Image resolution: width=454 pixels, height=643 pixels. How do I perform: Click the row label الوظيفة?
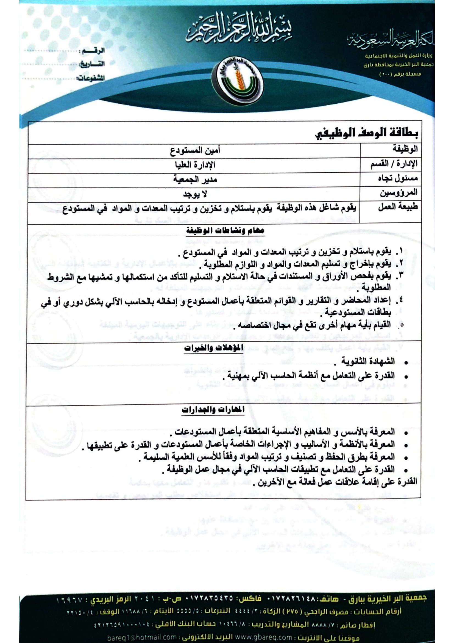[x=405, y=149]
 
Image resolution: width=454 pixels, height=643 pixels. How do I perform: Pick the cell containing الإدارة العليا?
[x=195, y=165]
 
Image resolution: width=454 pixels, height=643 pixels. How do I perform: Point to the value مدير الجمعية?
[x=195, y=179]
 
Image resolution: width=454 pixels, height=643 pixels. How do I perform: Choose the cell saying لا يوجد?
[x=195, y=194]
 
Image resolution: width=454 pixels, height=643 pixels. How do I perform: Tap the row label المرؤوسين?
[x=398, y=193]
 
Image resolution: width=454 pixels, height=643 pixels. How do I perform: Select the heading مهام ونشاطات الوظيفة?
[x=225, y=231]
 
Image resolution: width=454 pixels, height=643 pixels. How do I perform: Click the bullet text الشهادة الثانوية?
[x=367, y=362]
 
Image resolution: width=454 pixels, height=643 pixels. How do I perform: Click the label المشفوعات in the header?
[x=90, y=78]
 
